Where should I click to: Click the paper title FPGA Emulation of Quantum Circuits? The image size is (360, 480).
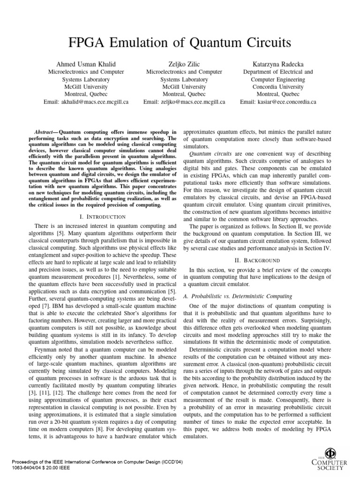(180, 44)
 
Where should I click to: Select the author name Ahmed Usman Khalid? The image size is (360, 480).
(86, 63)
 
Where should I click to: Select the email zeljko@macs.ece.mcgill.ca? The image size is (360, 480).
(184, 101)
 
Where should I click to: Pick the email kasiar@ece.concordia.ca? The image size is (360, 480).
(278, 101)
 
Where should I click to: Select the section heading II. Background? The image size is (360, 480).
(259, 260)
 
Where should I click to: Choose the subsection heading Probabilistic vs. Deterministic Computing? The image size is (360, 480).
(240, 296)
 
